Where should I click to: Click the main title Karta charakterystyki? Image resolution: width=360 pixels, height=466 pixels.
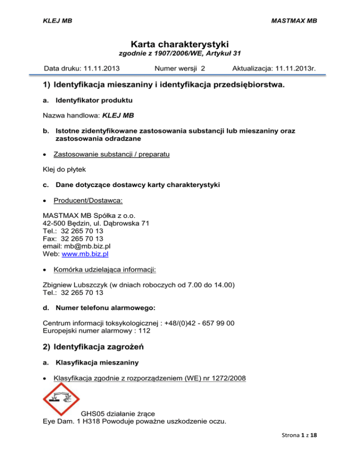180,45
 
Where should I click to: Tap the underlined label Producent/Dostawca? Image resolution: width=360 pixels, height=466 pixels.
88,201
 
